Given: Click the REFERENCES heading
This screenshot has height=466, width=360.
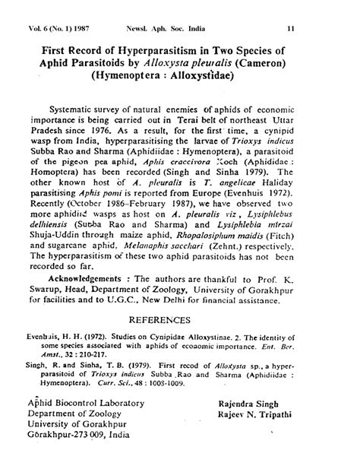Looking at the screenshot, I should pyautogui.click(x=179, y=320).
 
